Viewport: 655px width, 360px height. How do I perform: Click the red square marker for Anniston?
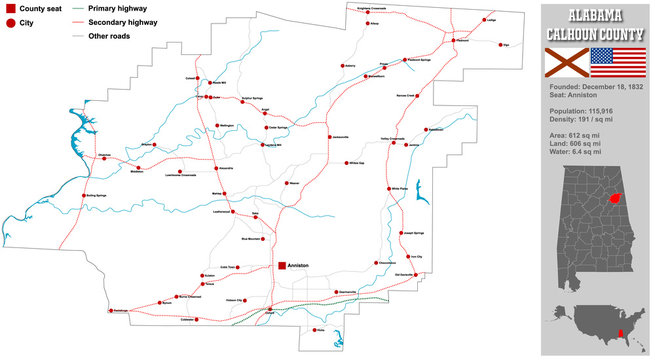pyautogui.click(x=280, y=266)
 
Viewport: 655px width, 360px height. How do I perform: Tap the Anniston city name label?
pyautogui.click(x=299, y=266)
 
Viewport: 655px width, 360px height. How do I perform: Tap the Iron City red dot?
pyautogui.click(x=405, y=256)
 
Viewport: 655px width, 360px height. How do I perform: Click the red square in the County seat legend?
pyautogui.click(x=9, y=8)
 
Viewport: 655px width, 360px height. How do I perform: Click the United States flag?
pyautogui.click(x=610, y=62)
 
